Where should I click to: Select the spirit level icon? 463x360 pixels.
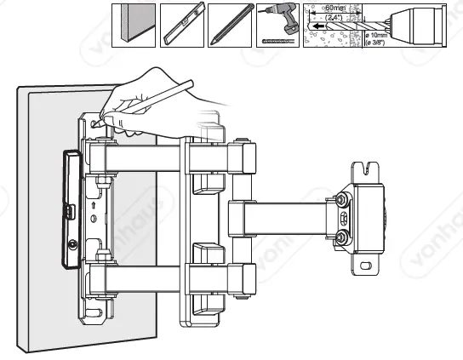click(x=181, y=25)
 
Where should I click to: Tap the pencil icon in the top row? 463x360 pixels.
click(x=229, y=25)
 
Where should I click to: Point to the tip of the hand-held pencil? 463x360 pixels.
click(x=96, y=124)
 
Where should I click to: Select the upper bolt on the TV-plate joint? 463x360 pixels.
click(x=342, y=201)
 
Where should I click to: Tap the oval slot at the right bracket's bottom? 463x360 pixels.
click(x=369, y=266)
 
